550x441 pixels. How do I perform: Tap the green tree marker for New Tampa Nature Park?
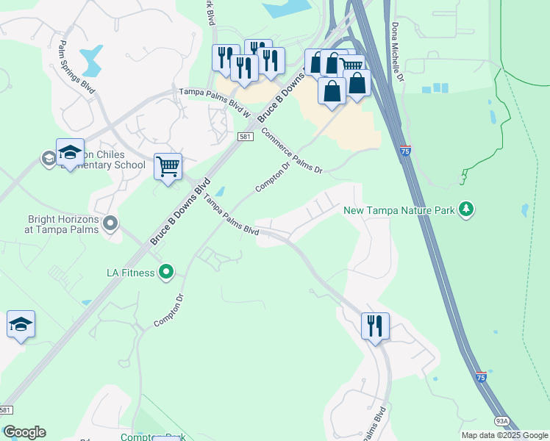[465, 210]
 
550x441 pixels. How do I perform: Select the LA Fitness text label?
[129, 273]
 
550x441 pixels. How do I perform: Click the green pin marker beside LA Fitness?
[166, 273]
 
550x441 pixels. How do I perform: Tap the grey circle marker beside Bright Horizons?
[110, 222]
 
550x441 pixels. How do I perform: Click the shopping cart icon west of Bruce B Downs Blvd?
[168, 167]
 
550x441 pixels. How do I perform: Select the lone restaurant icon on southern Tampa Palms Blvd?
[376, 325]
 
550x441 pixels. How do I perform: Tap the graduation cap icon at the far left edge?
[21, 324]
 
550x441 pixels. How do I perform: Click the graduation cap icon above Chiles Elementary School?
[70, 153]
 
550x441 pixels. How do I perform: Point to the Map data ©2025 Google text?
[505, 435]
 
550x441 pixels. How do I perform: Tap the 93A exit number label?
[501, 421]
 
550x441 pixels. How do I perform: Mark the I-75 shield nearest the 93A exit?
[480, 376]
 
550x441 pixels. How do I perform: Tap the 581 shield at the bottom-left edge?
[6, 410]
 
